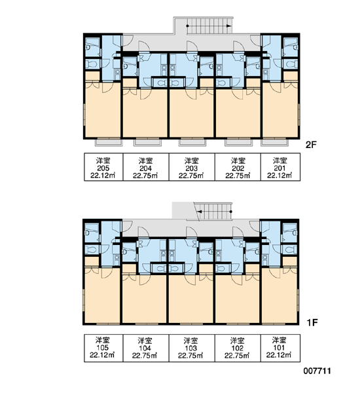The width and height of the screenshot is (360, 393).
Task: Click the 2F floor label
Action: [312, 145]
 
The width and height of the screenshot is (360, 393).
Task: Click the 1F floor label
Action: [312, 322]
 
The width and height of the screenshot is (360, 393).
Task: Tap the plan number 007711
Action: [317, 371]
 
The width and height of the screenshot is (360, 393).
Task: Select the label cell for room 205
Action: [103, 167]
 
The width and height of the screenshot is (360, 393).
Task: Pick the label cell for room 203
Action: [192, 167]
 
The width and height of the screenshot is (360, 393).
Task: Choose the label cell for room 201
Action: [280, 167]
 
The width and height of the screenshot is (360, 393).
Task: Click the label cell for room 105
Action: [103, 348]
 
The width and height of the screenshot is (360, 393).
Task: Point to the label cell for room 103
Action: [192, 348]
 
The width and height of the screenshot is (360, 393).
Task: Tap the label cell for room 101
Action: [280, 348]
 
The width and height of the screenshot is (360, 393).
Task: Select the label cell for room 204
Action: [146, 167]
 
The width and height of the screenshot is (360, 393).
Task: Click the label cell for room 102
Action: [238, 348]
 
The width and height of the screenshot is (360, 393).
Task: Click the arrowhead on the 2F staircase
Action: [228, 26]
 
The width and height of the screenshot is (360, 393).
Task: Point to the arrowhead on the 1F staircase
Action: [200, 212]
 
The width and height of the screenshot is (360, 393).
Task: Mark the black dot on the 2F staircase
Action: [187, 26]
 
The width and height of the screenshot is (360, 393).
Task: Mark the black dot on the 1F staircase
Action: [231, 212]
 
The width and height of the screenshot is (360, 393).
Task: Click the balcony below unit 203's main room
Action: [192, 142]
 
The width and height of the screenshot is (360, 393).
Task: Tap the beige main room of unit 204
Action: [145, 113]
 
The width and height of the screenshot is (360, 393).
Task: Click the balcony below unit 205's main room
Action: [109, 142]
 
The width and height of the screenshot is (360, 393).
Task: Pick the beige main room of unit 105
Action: [102, 296]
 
